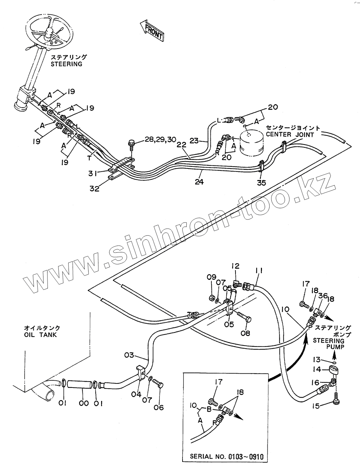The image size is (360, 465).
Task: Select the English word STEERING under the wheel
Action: (67, 64)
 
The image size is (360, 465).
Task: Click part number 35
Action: (262, 182)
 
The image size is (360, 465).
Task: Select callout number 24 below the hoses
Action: (199, 182)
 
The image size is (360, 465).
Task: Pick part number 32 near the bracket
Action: (95, 189)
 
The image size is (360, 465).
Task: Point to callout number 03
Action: (129, 355)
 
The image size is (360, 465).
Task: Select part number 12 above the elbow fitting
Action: (235, 266)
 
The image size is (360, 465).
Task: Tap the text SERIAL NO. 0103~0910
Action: (227, 456)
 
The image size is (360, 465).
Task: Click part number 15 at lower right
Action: (316, 406)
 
